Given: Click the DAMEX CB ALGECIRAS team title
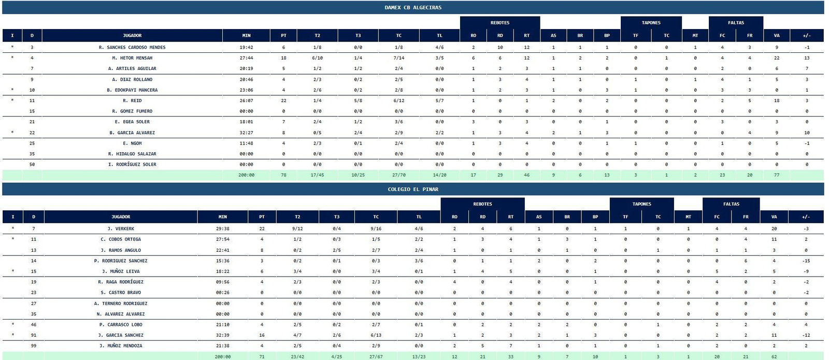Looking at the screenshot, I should click(413, 8).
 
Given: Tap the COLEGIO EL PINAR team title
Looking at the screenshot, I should click(413, 190).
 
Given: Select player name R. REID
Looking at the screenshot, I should click(132, 100).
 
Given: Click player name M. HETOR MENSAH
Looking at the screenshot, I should click(132, 58).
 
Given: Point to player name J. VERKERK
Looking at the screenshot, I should click(121, 229).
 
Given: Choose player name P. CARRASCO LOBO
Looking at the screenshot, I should click(121, 325).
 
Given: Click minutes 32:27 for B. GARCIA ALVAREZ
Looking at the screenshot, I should click(246, 133).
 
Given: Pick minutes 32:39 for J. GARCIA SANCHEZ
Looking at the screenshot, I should click(223, 335).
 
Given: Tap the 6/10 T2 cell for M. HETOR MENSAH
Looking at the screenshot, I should click(317, 58).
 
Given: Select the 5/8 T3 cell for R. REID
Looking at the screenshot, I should click(358, 100).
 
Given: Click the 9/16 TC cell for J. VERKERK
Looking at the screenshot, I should click(376, 229).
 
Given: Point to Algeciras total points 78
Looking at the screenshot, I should click(283, 175).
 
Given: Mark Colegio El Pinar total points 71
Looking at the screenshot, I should click(262, 357).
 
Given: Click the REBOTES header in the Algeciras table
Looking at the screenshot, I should click(500, 23).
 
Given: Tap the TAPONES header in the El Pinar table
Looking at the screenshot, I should click(641, 204).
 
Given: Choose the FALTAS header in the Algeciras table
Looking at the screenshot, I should click(736, 23).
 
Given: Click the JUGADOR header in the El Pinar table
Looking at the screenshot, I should click(121, 217).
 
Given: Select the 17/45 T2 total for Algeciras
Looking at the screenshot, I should click(317, 175).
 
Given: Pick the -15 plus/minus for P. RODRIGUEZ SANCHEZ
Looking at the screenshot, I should click(806, 261).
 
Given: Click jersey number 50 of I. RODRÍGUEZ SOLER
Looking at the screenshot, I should click(32, 165).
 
